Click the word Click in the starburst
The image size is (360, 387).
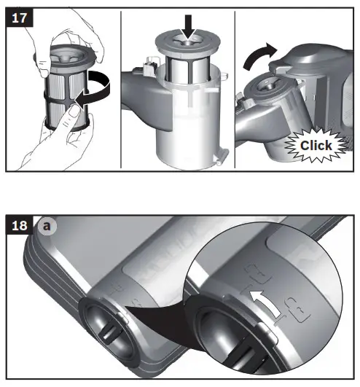[x=316, y=145]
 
